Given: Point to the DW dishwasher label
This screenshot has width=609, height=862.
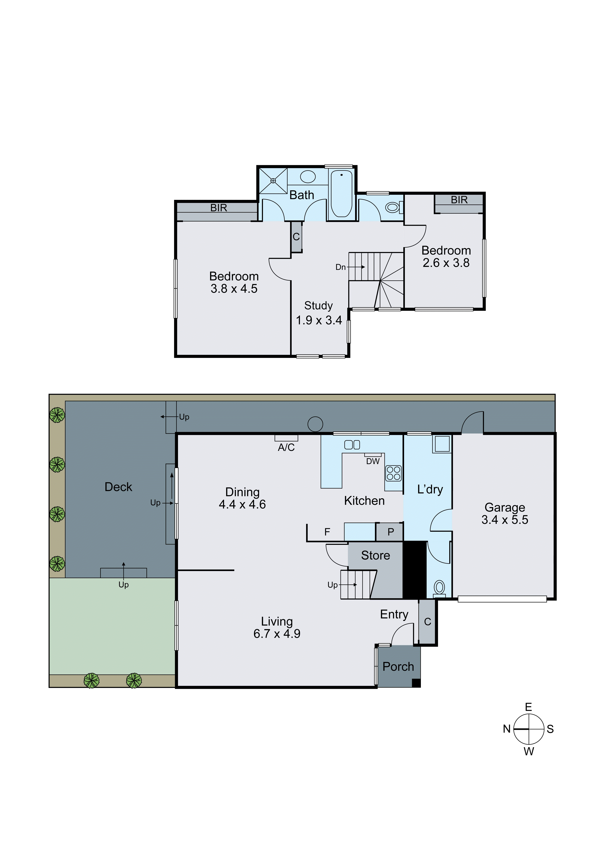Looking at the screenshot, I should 373,461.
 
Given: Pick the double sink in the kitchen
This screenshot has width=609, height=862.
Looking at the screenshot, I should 352,445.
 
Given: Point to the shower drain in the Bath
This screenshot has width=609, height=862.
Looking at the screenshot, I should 273,181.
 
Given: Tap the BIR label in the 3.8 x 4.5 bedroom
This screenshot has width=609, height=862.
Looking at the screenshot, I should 219,208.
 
